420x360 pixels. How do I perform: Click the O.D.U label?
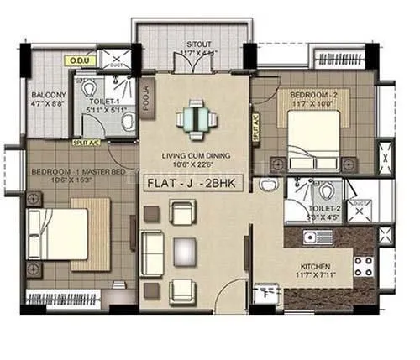pos(81,60)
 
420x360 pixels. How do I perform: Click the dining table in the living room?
pos(196,117)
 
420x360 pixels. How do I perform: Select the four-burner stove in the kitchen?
pos(363,268)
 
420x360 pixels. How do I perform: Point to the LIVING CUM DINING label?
pos(195,154)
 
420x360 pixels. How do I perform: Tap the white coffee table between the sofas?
pos(183,249)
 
